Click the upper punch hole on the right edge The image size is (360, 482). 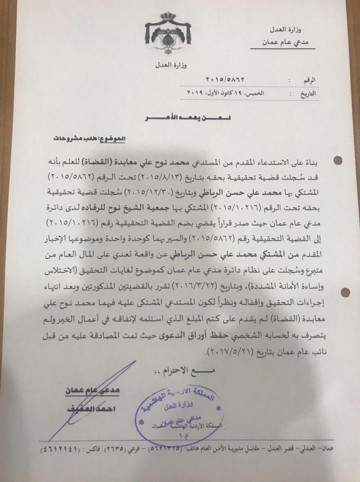[x=338, y=161]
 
